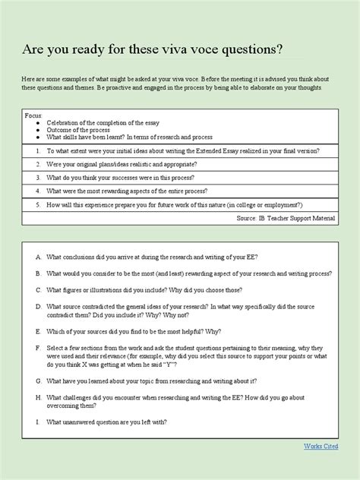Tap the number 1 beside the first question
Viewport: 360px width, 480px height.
tap(37, 152)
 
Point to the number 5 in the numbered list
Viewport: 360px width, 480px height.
tap(37, 205)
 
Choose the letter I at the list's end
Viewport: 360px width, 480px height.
tap(37, 422)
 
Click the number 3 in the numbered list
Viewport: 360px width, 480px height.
tap(37, 178)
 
